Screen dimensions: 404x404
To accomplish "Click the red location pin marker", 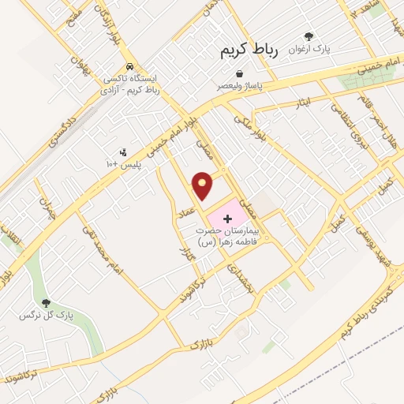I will (x=204, y=185).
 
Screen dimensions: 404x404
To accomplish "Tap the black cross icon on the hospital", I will (x=229, y=216).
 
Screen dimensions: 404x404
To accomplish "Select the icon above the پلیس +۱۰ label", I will (x=122, y=151).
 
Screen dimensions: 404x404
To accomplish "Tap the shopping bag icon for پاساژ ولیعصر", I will (x=238, y=73).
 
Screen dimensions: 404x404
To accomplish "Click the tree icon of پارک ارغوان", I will (x=309, y=36).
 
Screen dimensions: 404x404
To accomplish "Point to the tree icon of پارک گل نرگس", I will (x=46, y=302).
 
